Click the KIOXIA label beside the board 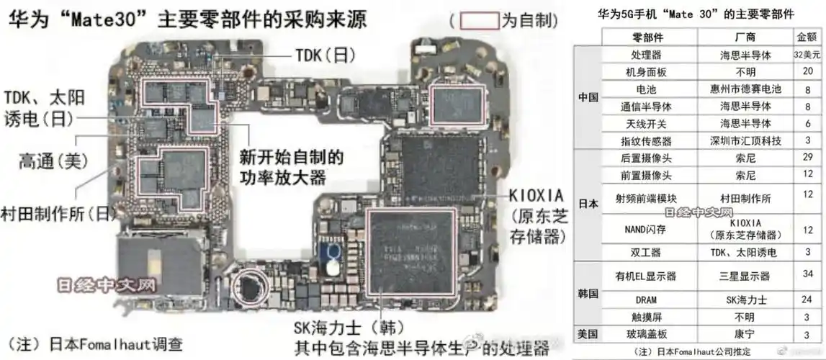point(537,196)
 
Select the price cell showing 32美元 point(807,55)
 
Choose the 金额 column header point(807,37)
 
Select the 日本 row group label point(588,204)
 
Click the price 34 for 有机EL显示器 point(807,274)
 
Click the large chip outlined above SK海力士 point(410,252)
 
